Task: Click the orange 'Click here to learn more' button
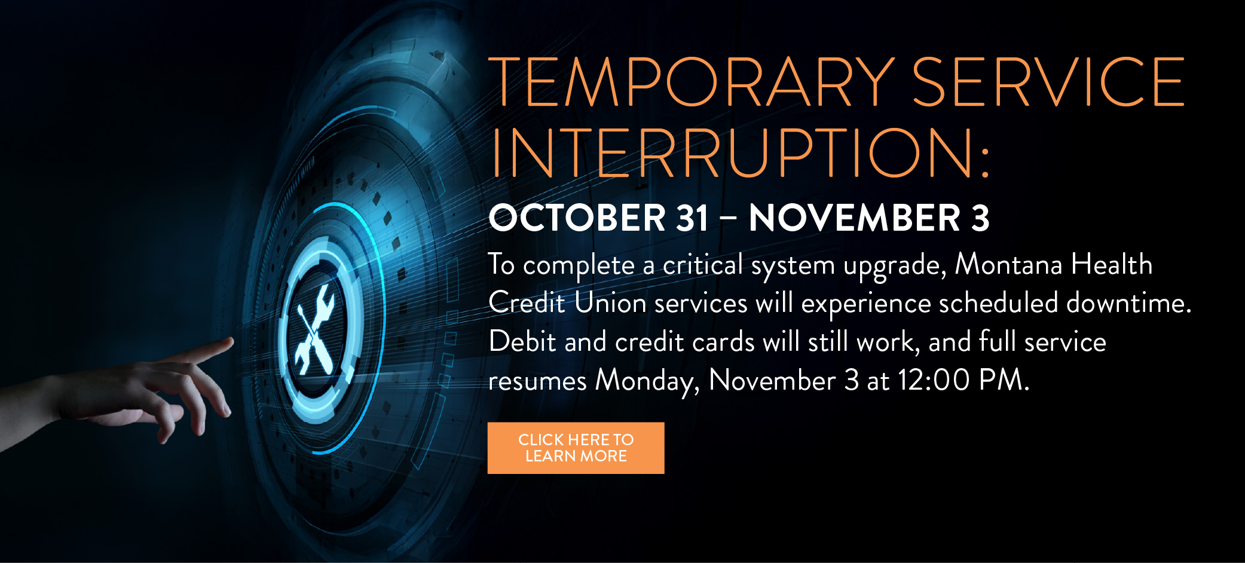pyautogui.click(x=576, y=448)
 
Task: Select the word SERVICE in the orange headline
pyautogui.click(x=1048, y=82)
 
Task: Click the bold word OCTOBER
pyautogui.click(x=577, y=218)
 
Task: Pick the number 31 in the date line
pyautogui.click(x=692, y=218)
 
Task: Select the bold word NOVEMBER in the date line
pyautogui.click(x=854, y=218)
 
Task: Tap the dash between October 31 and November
pyautogui.click(x=728, y=219)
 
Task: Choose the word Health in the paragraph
pyautogui.click(x=1112, y=264)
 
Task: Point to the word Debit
pyautogui.click(x=522, y=341)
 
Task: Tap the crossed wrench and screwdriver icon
pyautogui.click(x=315, y=329)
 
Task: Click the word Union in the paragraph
pyautogui.click(x=610, y=302)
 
